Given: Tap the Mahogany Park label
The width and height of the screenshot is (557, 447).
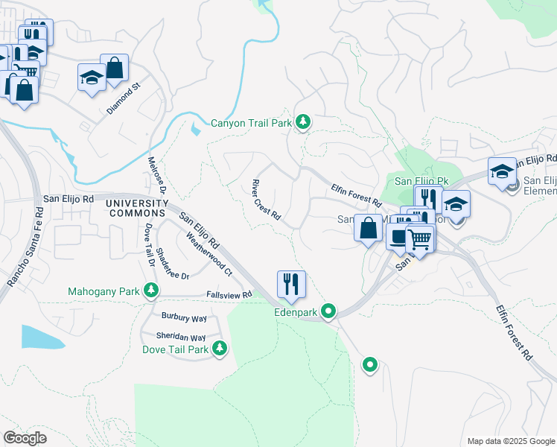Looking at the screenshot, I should pyautogui.click(x=103, y=291).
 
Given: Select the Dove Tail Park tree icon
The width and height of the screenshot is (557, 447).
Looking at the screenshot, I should pyautogui.click(x=219, y=348).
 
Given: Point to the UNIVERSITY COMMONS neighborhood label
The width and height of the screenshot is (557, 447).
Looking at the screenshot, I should pyautogui.click(x=136, y=209).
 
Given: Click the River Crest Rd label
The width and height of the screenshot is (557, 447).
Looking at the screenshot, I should pyautogui.click(x=266, y=200).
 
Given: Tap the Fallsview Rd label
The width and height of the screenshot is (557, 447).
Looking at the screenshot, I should pyautogui.click(x=227, y=296).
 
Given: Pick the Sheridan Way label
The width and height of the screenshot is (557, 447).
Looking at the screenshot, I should pyautogui.click(x=181, y=337).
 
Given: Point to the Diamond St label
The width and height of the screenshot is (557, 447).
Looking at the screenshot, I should pyautogui.click(x=123, y=98).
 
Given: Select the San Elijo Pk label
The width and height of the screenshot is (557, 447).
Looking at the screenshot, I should pyautogui.click(x=421, y=181).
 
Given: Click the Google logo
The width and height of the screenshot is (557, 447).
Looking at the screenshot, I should pyautogui.click(x=25, y=438).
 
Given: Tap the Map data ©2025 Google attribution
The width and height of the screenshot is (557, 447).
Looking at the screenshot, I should pyautogui.click(x=512, y=441).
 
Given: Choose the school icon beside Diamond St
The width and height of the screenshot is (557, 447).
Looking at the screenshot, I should pyautogui.click(x=92, y=78).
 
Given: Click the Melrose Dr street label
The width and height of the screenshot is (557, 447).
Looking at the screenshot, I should pyautogui.click(x=157, y=176).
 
